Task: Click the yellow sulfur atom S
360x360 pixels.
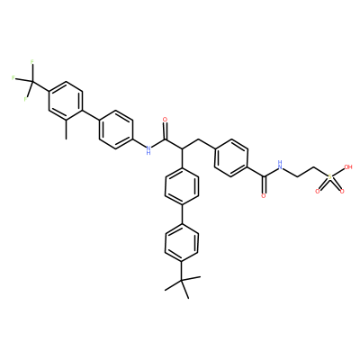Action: [x=330, y=177]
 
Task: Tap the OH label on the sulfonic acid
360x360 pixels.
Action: [x=347, y=167]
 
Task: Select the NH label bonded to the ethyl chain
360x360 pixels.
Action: [x=280, y=165]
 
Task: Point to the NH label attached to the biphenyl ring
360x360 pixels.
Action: [x=148, y=149]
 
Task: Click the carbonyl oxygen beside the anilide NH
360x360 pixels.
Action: [x=165, y=120]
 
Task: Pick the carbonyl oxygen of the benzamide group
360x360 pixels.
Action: [x=264, y=196]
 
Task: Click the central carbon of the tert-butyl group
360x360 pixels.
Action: [x=182, y=280]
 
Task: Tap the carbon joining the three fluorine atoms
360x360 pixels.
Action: [x=33, y=81]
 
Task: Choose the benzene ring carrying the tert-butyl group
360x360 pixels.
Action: [x=182, y=242]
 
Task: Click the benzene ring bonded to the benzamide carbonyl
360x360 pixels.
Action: [x=231, y=158]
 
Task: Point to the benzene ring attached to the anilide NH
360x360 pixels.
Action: [x=116, y=130]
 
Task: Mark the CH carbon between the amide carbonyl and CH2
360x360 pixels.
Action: [x=182, y=148]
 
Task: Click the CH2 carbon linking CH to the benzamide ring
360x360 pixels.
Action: [x=198, y=139]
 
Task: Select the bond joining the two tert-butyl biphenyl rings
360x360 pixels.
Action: [x=182, y=214]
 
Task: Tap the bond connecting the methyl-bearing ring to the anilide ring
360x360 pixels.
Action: [x=91, y=115]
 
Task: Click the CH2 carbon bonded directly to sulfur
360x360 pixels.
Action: [x=314, y=167]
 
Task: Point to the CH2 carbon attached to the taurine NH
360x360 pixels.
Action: [x=298, y=176]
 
